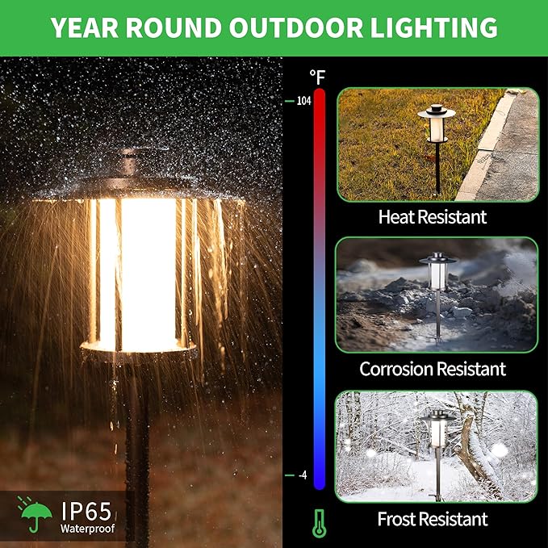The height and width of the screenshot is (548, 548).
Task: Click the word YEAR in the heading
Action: coord(86,27)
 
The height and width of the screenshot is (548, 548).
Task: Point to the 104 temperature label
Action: coord(303,102)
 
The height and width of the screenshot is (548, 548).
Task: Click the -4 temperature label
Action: coord(303,475)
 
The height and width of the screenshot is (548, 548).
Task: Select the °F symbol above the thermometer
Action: coord(317,77)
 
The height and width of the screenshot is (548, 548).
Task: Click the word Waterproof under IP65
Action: coord(87,529)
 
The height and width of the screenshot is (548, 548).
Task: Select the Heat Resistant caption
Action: coord(433,216)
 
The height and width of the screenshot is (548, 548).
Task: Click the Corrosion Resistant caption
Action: coord(433,369)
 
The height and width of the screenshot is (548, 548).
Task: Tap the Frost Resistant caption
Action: coord(433,518)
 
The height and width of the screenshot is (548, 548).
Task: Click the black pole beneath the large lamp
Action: coord(136,452)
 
